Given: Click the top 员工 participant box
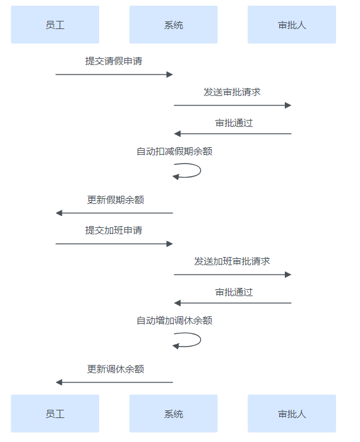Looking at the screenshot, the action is click(x=55, y=25).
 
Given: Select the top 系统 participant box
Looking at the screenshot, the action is click(x=174, y=25).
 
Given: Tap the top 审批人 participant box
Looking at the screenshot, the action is click(x=292, y=25).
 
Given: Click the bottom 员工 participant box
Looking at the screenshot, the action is click(x=55, y=414).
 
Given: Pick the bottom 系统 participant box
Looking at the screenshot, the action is click(x=174, y=414).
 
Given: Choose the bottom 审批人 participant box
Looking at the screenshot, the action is click(x=292, y=414).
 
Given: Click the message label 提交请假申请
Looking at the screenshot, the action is click(x=114, y=61).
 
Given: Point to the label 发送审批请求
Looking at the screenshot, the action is click(x=232, y=92).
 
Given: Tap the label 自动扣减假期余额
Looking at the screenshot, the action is click(x=174, y=152).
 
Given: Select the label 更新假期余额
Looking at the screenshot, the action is click(x=116, y=200).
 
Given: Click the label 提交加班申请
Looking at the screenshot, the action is click(x=114, y=230).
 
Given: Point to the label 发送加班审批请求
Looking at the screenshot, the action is click(x=232, y=261).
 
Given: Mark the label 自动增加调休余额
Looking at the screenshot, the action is click(x=174, y=321).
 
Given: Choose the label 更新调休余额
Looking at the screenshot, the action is click(x=116, y=369).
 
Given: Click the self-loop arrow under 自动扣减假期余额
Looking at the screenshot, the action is click(x=200, y=170).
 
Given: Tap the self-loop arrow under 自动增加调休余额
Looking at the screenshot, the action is click(x=200, y=340).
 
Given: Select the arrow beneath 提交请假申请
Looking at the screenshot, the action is click(x=114, y=75).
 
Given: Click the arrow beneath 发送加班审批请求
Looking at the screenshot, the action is click(x=232, y=275).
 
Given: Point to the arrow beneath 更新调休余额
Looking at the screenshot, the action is click(x=114, y=382).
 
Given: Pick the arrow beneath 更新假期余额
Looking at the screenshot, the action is click(x=114, y=213).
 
